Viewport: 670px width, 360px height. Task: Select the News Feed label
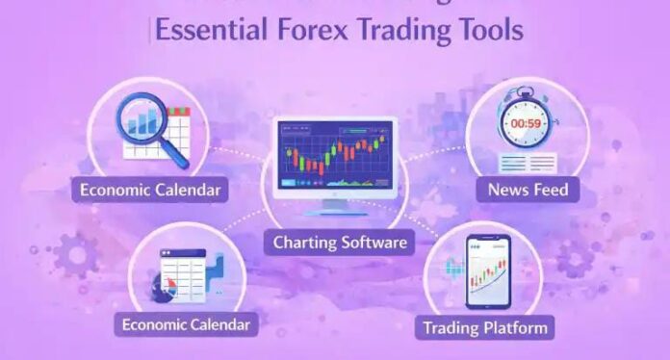click(x=528, y=190)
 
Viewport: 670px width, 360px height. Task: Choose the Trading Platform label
click(x=485, y=327)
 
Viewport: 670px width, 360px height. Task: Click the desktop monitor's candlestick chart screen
click(x=334, y=154)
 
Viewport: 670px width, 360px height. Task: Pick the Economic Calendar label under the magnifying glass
click(x=150, y=190)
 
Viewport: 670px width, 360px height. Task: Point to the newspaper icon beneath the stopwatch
click(x=527, y=161)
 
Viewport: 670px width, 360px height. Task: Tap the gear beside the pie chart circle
click(x=73, y=256)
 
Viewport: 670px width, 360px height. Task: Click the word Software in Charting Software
click(x=374, y=242)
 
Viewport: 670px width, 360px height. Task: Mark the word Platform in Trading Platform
click(x=515, y=327)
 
